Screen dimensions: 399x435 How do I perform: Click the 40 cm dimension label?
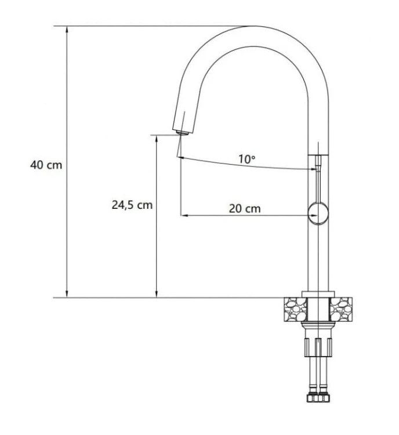pos(46,165)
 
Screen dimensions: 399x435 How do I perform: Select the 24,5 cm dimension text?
pos(132,205)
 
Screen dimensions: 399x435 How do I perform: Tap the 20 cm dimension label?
pos(245,208)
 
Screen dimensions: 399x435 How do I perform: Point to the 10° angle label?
pos(247,159)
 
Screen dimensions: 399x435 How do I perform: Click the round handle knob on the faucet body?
pos(318,213)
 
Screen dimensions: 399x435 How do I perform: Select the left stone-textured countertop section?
pos(295,309)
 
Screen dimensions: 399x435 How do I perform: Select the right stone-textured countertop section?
pos(341,309)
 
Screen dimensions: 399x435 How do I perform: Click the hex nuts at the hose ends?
pos(318,397)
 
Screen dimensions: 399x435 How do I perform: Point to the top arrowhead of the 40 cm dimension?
pos(67,29)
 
